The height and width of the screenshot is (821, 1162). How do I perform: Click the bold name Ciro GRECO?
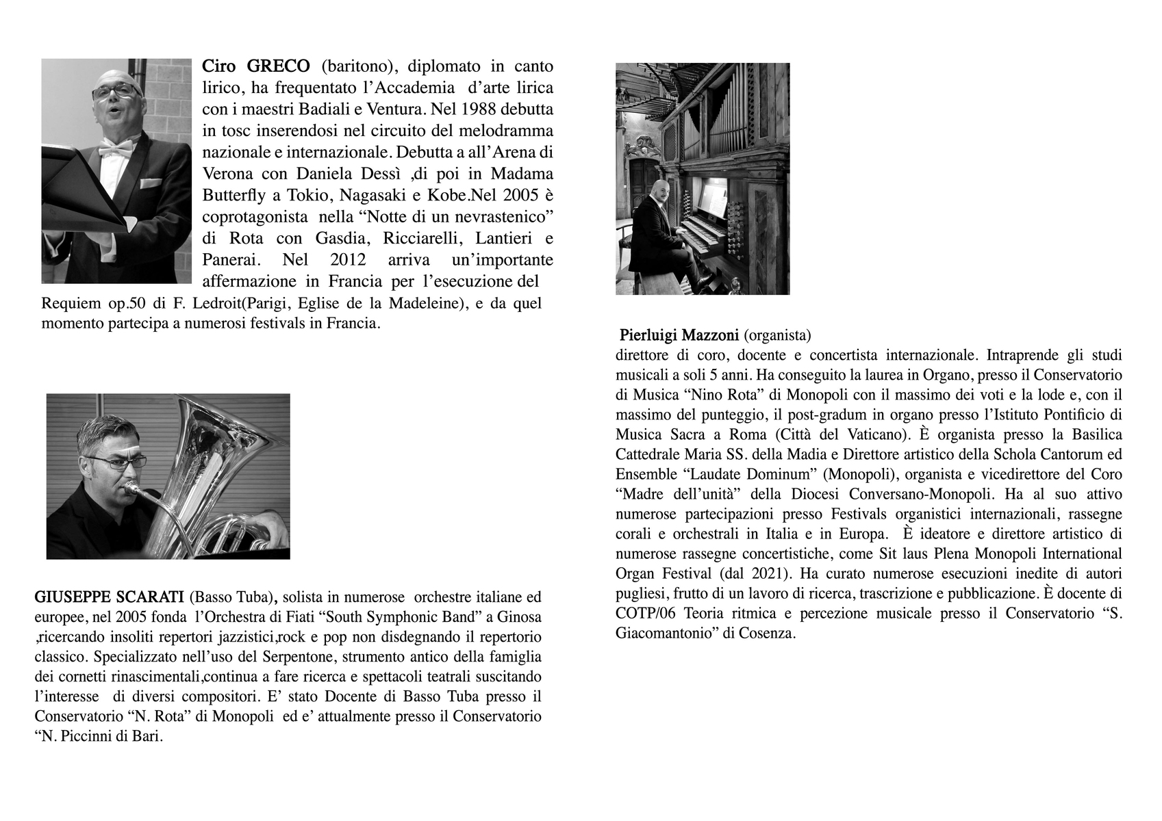click(255, 66)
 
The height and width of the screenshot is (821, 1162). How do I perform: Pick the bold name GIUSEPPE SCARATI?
click(109, 596)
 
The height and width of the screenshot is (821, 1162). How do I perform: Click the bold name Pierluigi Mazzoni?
click(679, 335)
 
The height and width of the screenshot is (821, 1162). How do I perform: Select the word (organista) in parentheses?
click(776, 335)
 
